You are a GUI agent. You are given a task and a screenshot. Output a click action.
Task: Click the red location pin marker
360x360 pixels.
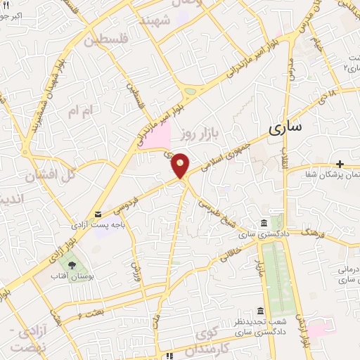[181, 165]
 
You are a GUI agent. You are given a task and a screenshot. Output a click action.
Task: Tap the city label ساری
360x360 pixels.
[285, 127]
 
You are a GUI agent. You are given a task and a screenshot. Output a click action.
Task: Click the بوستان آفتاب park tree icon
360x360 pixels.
[72, 265]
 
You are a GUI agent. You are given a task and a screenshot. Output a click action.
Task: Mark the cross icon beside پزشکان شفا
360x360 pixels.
[340, 164]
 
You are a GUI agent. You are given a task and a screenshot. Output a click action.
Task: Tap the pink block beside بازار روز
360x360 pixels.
[158, 134]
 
